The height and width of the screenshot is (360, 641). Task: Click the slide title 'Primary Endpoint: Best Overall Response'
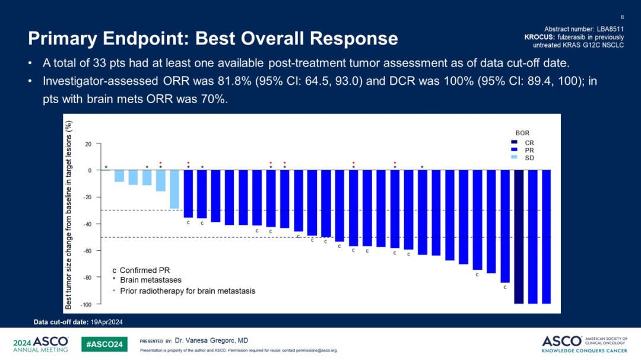[213, 39]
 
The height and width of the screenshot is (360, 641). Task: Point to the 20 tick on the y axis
[88, 144]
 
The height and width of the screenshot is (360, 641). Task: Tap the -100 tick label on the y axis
[85, 304]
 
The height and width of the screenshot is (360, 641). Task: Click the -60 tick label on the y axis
[87, 251]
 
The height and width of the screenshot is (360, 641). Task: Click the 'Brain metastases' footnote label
[151, 280]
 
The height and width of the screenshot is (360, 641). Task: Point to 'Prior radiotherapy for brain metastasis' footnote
[188, 291]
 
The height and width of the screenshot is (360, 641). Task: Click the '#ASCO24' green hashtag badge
[104, 344]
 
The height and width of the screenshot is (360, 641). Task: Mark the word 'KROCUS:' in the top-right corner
[541, 37]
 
